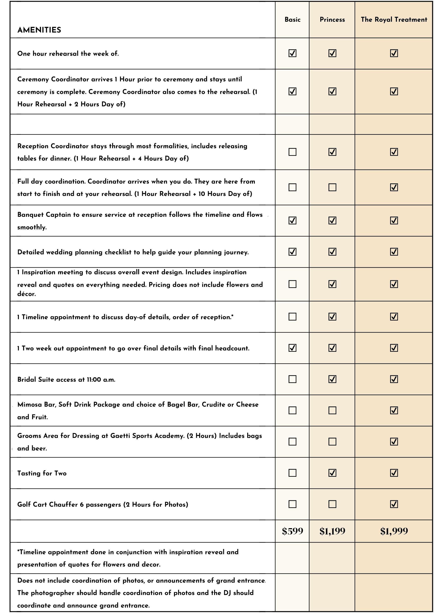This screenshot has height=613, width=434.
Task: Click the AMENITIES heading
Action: point(39,30)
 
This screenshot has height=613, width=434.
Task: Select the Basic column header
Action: point(292,20)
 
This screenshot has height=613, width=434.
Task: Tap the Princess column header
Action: point(332,20)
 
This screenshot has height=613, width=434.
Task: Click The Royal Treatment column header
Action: point(394,20)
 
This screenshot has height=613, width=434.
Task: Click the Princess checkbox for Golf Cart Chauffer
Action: point(332,504)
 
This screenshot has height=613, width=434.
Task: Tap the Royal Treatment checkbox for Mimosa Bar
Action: point(394,410)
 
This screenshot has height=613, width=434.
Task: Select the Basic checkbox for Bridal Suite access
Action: point(292,379)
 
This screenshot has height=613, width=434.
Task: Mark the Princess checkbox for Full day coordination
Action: point(332,187)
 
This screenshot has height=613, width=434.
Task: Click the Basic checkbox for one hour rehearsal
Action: point(292,53)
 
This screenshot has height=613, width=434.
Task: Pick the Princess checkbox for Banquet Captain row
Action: point(332,220)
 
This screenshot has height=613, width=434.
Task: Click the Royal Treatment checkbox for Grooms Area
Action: point(394,441)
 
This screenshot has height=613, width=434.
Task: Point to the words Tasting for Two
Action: point(42,473)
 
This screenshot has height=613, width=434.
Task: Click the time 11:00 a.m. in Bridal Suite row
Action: point(101,380)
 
